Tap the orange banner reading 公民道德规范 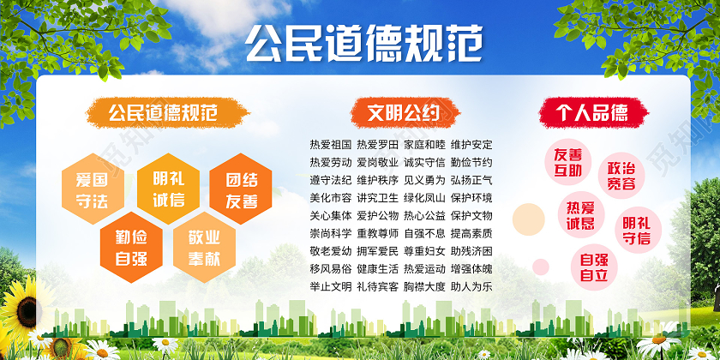pos(163,112)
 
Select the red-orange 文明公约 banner pos(403,112)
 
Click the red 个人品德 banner pos(591,112)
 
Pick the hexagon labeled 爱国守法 pos(91,189)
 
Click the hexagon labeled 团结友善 pos(241,191)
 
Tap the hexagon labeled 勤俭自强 pos(128,243)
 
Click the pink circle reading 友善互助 pos(568,161)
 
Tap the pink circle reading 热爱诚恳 pos(580,215)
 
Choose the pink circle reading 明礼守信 pos(636,229)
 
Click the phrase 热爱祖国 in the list pos(331,144)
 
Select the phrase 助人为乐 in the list pos(471,286)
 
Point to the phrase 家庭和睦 pos(424,144)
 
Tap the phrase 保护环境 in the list pos(471,197)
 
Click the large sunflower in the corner pos(19,313)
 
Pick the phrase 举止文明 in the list pos(331,286)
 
